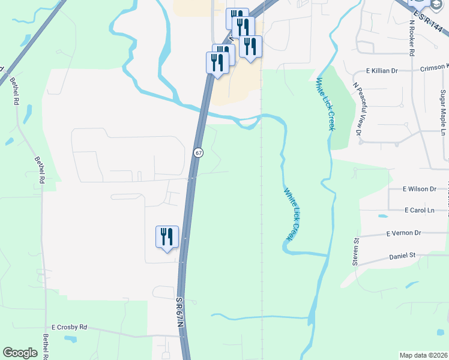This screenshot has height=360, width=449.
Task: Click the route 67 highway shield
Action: [199, 152]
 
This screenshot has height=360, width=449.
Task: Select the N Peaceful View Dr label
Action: [358, 109]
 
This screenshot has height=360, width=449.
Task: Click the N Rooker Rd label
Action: [412, 37]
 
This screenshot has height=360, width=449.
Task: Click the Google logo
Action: [20, 353]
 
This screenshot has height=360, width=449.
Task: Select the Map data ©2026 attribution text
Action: [423, 355]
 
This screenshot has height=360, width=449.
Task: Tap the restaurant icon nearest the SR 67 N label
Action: [167, 236]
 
